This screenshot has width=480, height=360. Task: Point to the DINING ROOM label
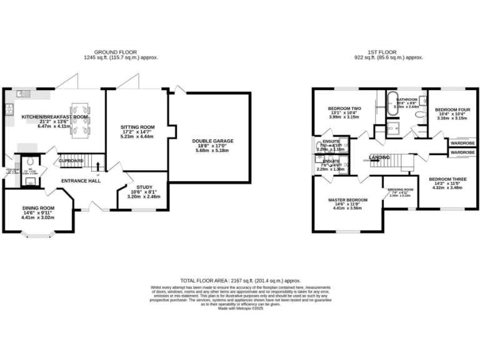coord(39,207)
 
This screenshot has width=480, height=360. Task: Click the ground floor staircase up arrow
coord(97,166)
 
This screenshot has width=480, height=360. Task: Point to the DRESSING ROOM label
coord(401,189)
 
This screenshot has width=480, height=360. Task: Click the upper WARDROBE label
coord(462,142)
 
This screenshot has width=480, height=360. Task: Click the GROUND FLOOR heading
coord(116,52)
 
